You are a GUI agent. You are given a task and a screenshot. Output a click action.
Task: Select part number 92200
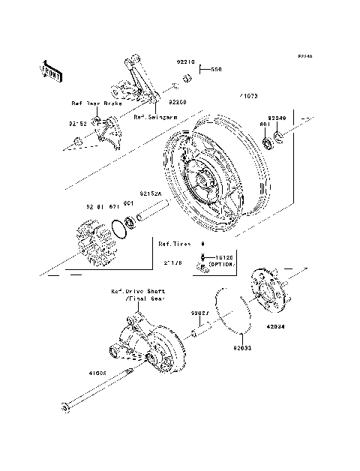point(177,100)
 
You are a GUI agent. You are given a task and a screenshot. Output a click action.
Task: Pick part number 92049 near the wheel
point(277,118)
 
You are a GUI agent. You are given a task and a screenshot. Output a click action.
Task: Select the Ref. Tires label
point(174,244)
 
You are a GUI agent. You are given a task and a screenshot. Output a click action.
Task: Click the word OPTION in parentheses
point(222,265)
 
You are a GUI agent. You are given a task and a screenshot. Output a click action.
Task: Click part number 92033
point(241,348)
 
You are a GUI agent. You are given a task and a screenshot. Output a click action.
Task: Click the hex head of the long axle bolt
point(66,408)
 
